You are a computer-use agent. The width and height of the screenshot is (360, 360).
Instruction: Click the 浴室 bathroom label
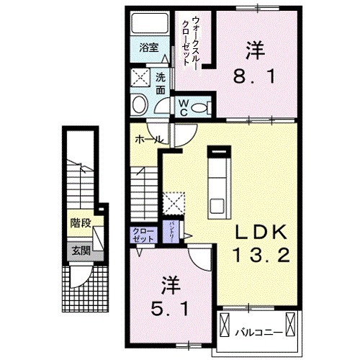(x=148, y=49)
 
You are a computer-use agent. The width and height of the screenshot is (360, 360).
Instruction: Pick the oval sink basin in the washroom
(x=139, y=107)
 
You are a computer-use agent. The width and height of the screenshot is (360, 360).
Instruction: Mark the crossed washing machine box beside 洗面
(x=139, y=78)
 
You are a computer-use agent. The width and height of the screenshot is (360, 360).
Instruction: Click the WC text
(x=183, y=107)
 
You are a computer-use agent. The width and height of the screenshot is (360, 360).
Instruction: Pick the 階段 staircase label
(x=81, y=223)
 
